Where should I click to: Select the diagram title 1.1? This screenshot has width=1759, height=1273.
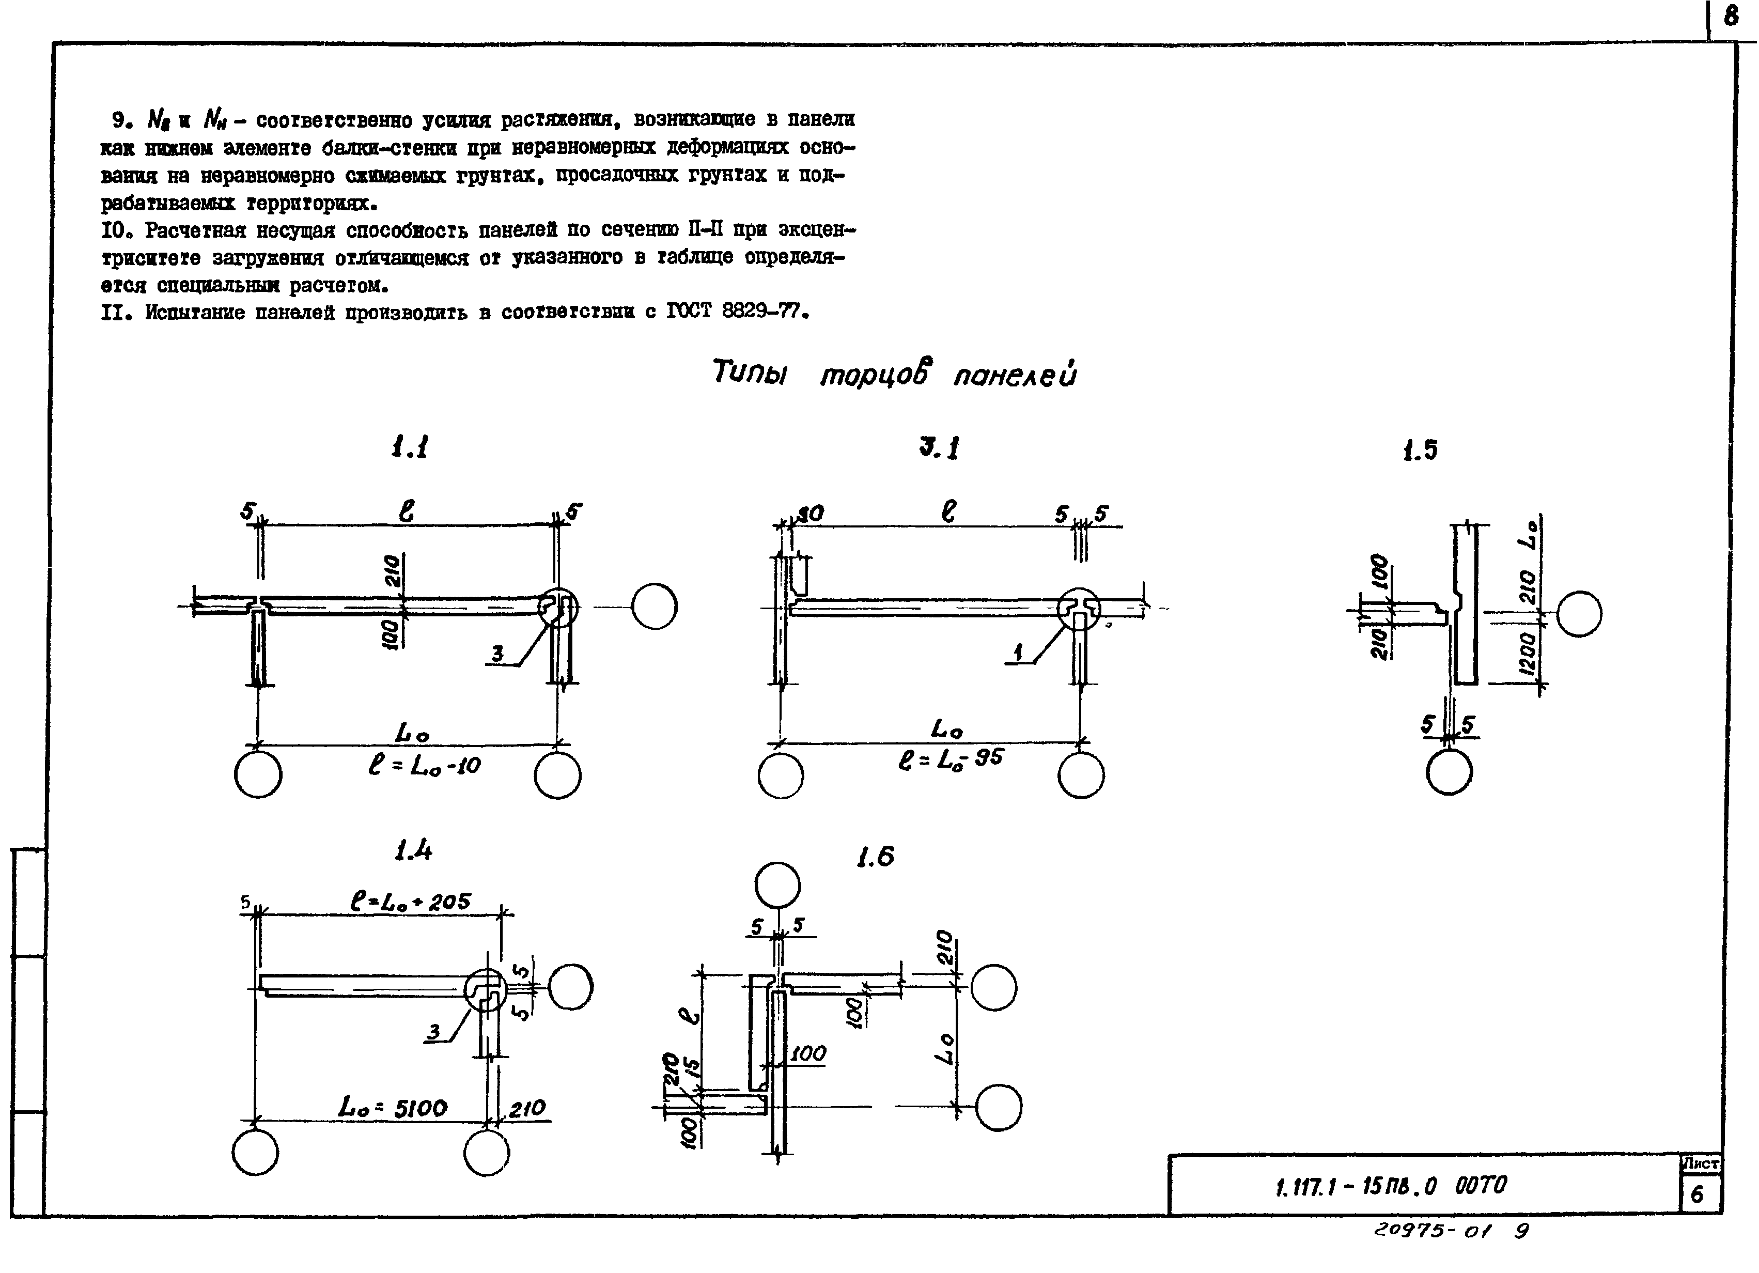point(410,447)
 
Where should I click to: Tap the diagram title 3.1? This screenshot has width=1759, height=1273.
point(939,448)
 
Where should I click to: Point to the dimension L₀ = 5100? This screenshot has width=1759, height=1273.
point(393,1108)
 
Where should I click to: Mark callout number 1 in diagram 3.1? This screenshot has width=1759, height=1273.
point(1018,653)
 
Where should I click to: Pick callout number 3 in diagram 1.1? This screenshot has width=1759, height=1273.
point(497,654)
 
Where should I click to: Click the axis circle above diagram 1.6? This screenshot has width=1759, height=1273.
point(777,884)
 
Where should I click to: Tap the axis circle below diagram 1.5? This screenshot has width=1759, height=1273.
point(1449,772)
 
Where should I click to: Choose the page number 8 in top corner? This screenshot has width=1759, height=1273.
point(1731,17)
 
